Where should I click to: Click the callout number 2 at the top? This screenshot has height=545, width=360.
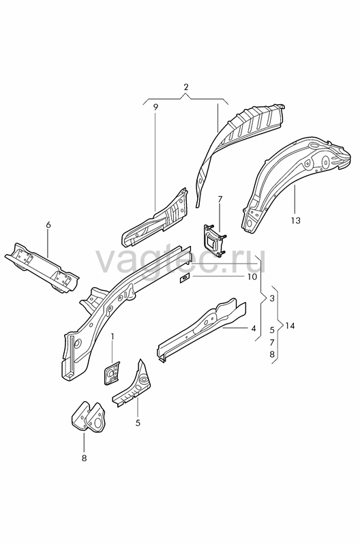(185, 87)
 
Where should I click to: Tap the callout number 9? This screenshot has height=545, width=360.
(155, 108)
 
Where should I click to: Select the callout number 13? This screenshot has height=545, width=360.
(295, 220)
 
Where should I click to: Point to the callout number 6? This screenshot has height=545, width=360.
(48, 225)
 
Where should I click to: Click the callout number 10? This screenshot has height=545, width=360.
(252, 277)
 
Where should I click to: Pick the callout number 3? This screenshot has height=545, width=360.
(272, 298)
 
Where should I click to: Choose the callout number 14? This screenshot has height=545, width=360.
(290, 326)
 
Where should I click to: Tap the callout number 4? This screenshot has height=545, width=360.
(254, 328)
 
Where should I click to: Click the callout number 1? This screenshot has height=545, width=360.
(112, 336)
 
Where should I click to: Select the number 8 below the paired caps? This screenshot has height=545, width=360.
(84, 458)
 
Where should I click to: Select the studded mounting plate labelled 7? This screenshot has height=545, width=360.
(213, 240)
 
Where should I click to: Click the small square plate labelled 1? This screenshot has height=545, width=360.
(111, 373)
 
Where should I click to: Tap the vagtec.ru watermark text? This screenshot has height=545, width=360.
(181, 261)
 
